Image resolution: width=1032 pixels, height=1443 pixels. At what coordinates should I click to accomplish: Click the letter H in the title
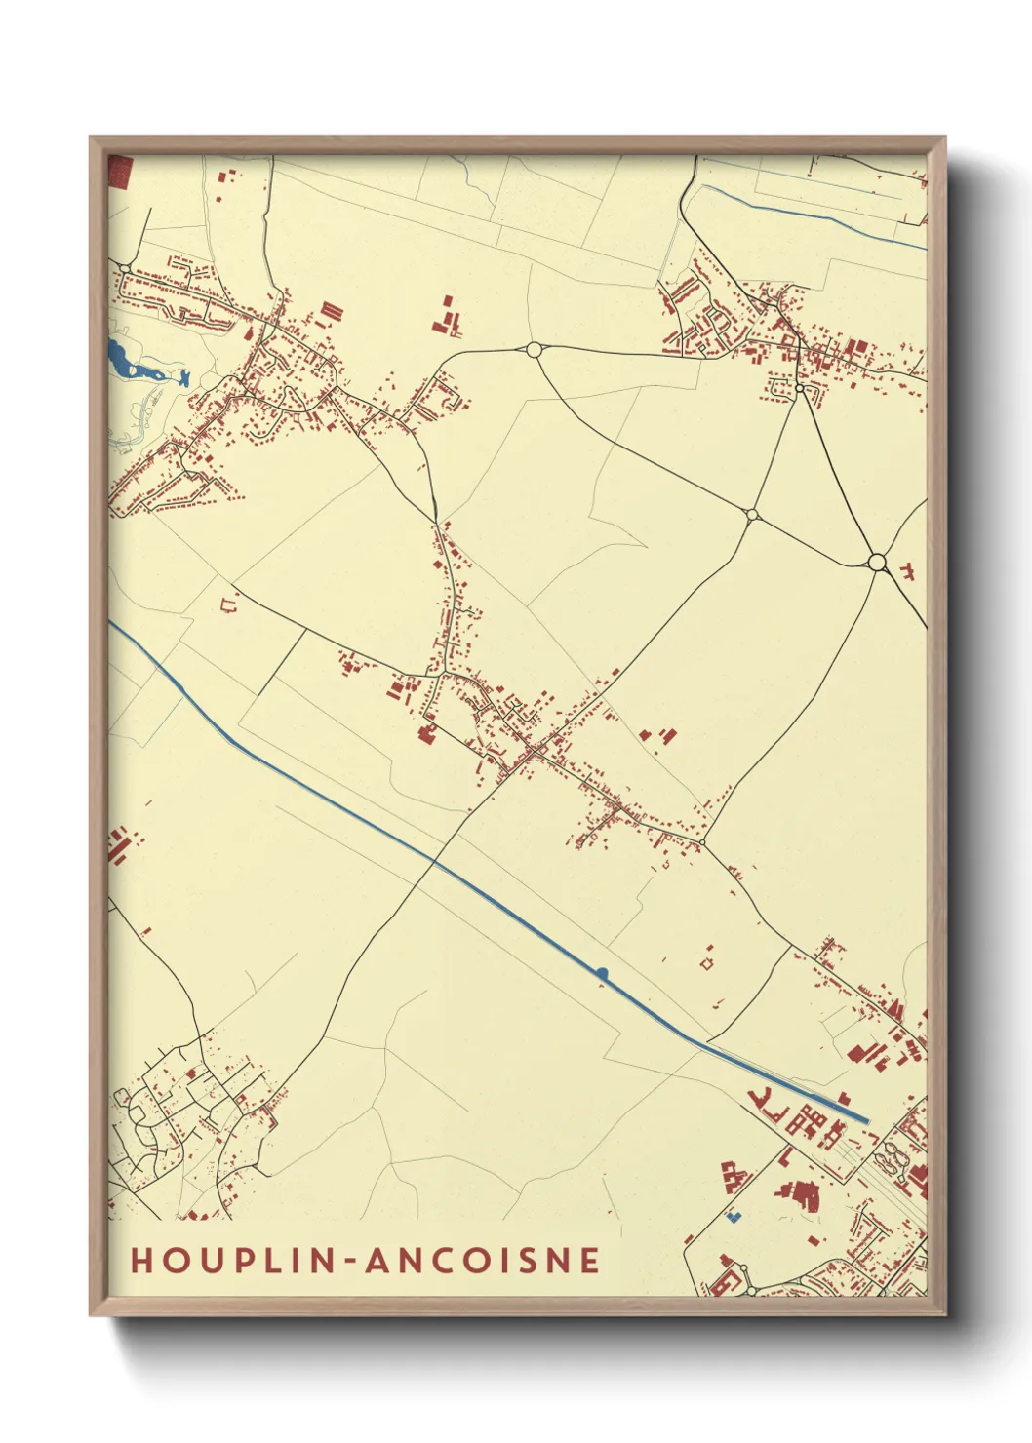click(142, 1260)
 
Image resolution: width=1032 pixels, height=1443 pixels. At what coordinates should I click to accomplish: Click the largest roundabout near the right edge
click(877, 562)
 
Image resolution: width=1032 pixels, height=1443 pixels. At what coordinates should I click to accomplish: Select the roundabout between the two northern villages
click(533, 349)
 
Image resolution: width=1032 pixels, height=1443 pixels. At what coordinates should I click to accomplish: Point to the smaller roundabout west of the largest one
click(752, 514)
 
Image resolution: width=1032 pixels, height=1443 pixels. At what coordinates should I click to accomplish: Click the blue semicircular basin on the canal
click(602, 972)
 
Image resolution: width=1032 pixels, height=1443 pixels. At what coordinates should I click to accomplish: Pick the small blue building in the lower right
click(734, 1217)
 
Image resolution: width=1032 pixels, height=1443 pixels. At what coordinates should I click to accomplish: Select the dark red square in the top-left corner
click(119, 172)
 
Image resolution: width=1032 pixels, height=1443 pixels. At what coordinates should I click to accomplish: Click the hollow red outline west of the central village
click(230, 604)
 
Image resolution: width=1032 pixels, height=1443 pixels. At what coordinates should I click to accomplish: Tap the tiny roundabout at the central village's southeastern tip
click(701, 841)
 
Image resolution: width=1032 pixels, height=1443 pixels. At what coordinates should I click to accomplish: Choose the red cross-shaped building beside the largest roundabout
click(907, 568)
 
